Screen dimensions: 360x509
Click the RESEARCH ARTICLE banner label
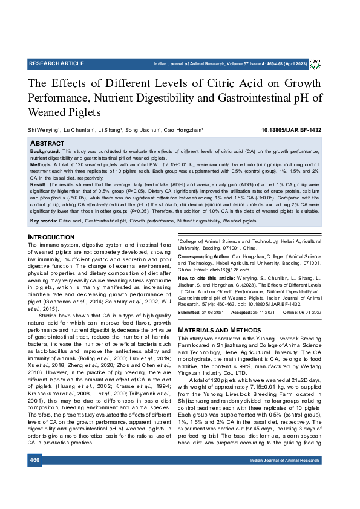(x=56, y=63)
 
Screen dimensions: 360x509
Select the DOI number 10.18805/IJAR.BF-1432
(x=291, y=130)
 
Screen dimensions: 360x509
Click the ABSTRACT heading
(x=47, y=143)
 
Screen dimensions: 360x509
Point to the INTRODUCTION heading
(x=51, y=237)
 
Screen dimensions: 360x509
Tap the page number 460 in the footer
(x=34, y=477)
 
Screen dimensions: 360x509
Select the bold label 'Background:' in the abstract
(x=45, y=151)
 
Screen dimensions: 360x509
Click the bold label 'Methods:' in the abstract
(x=41, y=164)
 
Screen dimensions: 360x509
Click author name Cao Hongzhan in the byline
(x=183, y=130)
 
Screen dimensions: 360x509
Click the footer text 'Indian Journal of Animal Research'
(x=284, y=478)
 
